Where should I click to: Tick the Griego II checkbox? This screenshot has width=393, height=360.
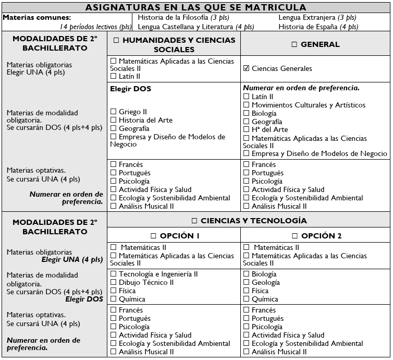tap(113, 112)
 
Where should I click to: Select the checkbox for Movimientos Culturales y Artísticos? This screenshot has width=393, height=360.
tap(246, 105)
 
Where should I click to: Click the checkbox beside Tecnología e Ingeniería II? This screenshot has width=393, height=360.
tap(113, 274)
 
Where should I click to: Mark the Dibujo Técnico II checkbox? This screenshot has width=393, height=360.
tap(113, 282)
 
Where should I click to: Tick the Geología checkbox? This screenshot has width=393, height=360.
tap(246, 282)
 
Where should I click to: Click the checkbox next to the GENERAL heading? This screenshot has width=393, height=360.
tap(294, 44)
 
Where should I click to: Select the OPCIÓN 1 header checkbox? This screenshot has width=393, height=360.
tap(153, 236)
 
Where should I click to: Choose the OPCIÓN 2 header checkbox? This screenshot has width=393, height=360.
tap(295, 236)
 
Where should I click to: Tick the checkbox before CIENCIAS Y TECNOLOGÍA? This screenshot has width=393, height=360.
tap(194, 221)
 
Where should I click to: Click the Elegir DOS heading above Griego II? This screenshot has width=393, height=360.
tap(130, 89)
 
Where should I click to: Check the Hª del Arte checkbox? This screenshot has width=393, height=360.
tap(246, 130)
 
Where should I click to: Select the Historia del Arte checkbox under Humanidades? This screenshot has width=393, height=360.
tap(113, 120)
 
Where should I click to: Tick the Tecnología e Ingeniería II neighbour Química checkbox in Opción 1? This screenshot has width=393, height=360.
tap(113, 299)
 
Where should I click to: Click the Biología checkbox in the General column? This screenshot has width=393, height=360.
tap(246, 113)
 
